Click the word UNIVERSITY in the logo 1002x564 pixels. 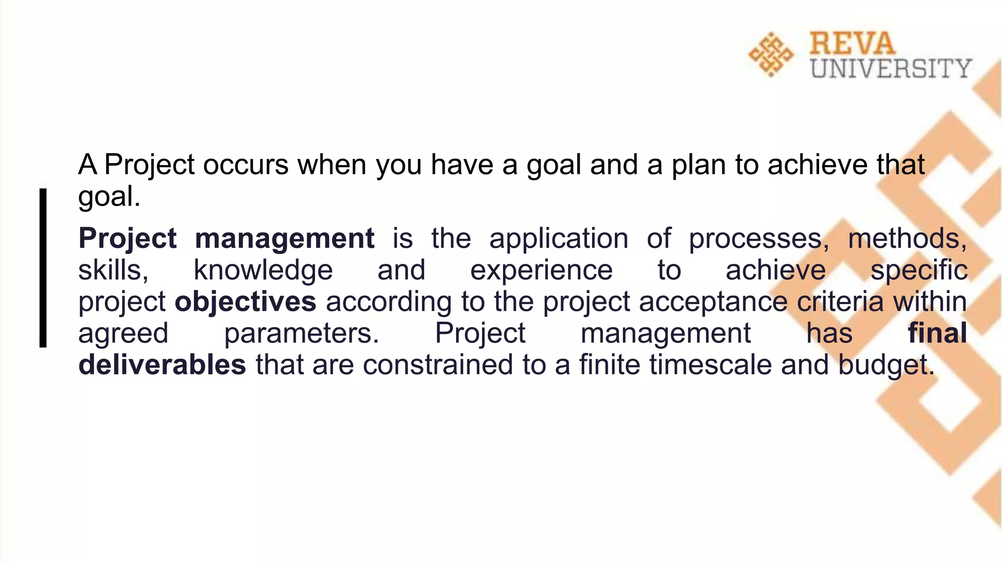pos(890,69)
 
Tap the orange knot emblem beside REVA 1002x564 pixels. pos(771,54)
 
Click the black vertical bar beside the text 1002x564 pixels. pos(43,268)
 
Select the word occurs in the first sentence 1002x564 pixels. pos(246,164)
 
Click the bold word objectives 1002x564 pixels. pos(245,302)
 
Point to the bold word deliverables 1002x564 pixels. pos(162,365)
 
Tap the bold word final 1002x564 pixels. pos(937,333)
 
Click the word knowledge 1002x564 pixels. pos(263,270)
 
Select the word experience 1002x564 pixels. pos(541,270)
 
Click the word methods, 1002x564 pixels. pos(907,239)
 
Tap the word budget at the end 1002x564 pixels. pos(886,365)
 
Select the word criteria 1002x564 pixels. pos(840,302)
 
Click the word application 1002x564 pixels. pos(559,239)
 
